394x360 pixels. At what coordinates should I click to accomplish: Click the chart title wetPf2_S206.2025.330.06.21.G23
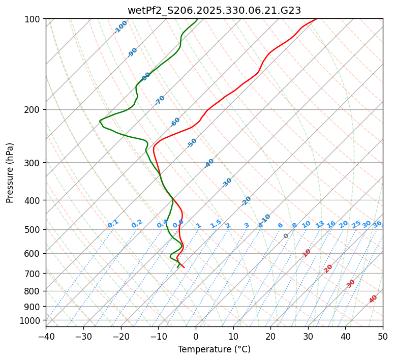tap(214, 10)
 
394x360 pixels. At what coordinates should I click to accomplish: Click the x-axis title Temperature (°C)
tap(214, 349)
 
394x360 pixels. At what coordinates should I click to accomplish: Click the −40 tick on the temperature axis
tap(46, 336)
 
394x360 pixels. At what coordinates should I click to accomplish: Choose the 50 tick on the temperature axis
tap(383, 336)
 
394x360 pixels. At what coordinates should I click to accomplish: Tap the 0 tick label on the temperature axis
tap(196, 336)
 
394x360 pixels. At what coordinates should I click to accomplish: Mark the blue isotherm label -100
tap(120, 27)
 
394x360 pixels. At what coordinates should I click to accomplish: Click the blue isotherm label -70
tap(160, 100)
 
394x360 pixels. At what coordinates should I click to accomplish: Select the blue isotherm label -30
tap(227, 183)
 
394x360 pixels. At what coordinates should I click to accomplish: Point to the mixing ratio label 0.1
tap(113, 224)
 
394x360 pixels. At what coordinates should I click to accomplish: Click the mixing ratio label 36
tap(377, 224)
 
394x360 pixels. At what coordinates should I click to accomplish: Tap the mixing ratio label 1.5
tap(216, 224)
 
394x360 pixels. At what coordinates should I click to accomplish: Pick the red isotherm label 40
tap(373, 299)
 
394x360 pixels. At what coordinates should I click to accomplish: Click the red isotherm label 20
tap(328, 268)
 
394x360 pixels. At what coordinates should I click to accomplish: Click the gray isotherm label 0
tap(286, 236)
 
